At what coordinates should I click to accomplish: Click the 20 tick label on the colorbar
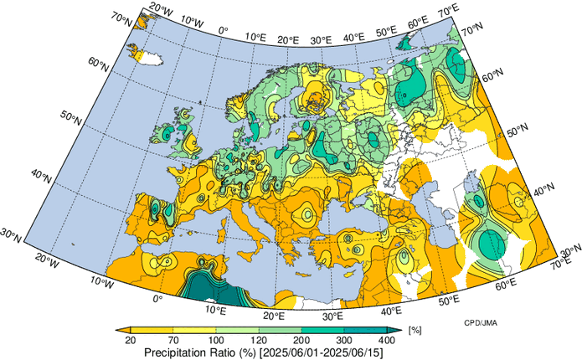coord(131,341)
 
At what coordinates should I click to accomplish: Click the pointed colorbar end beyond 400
coord(400,330)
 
